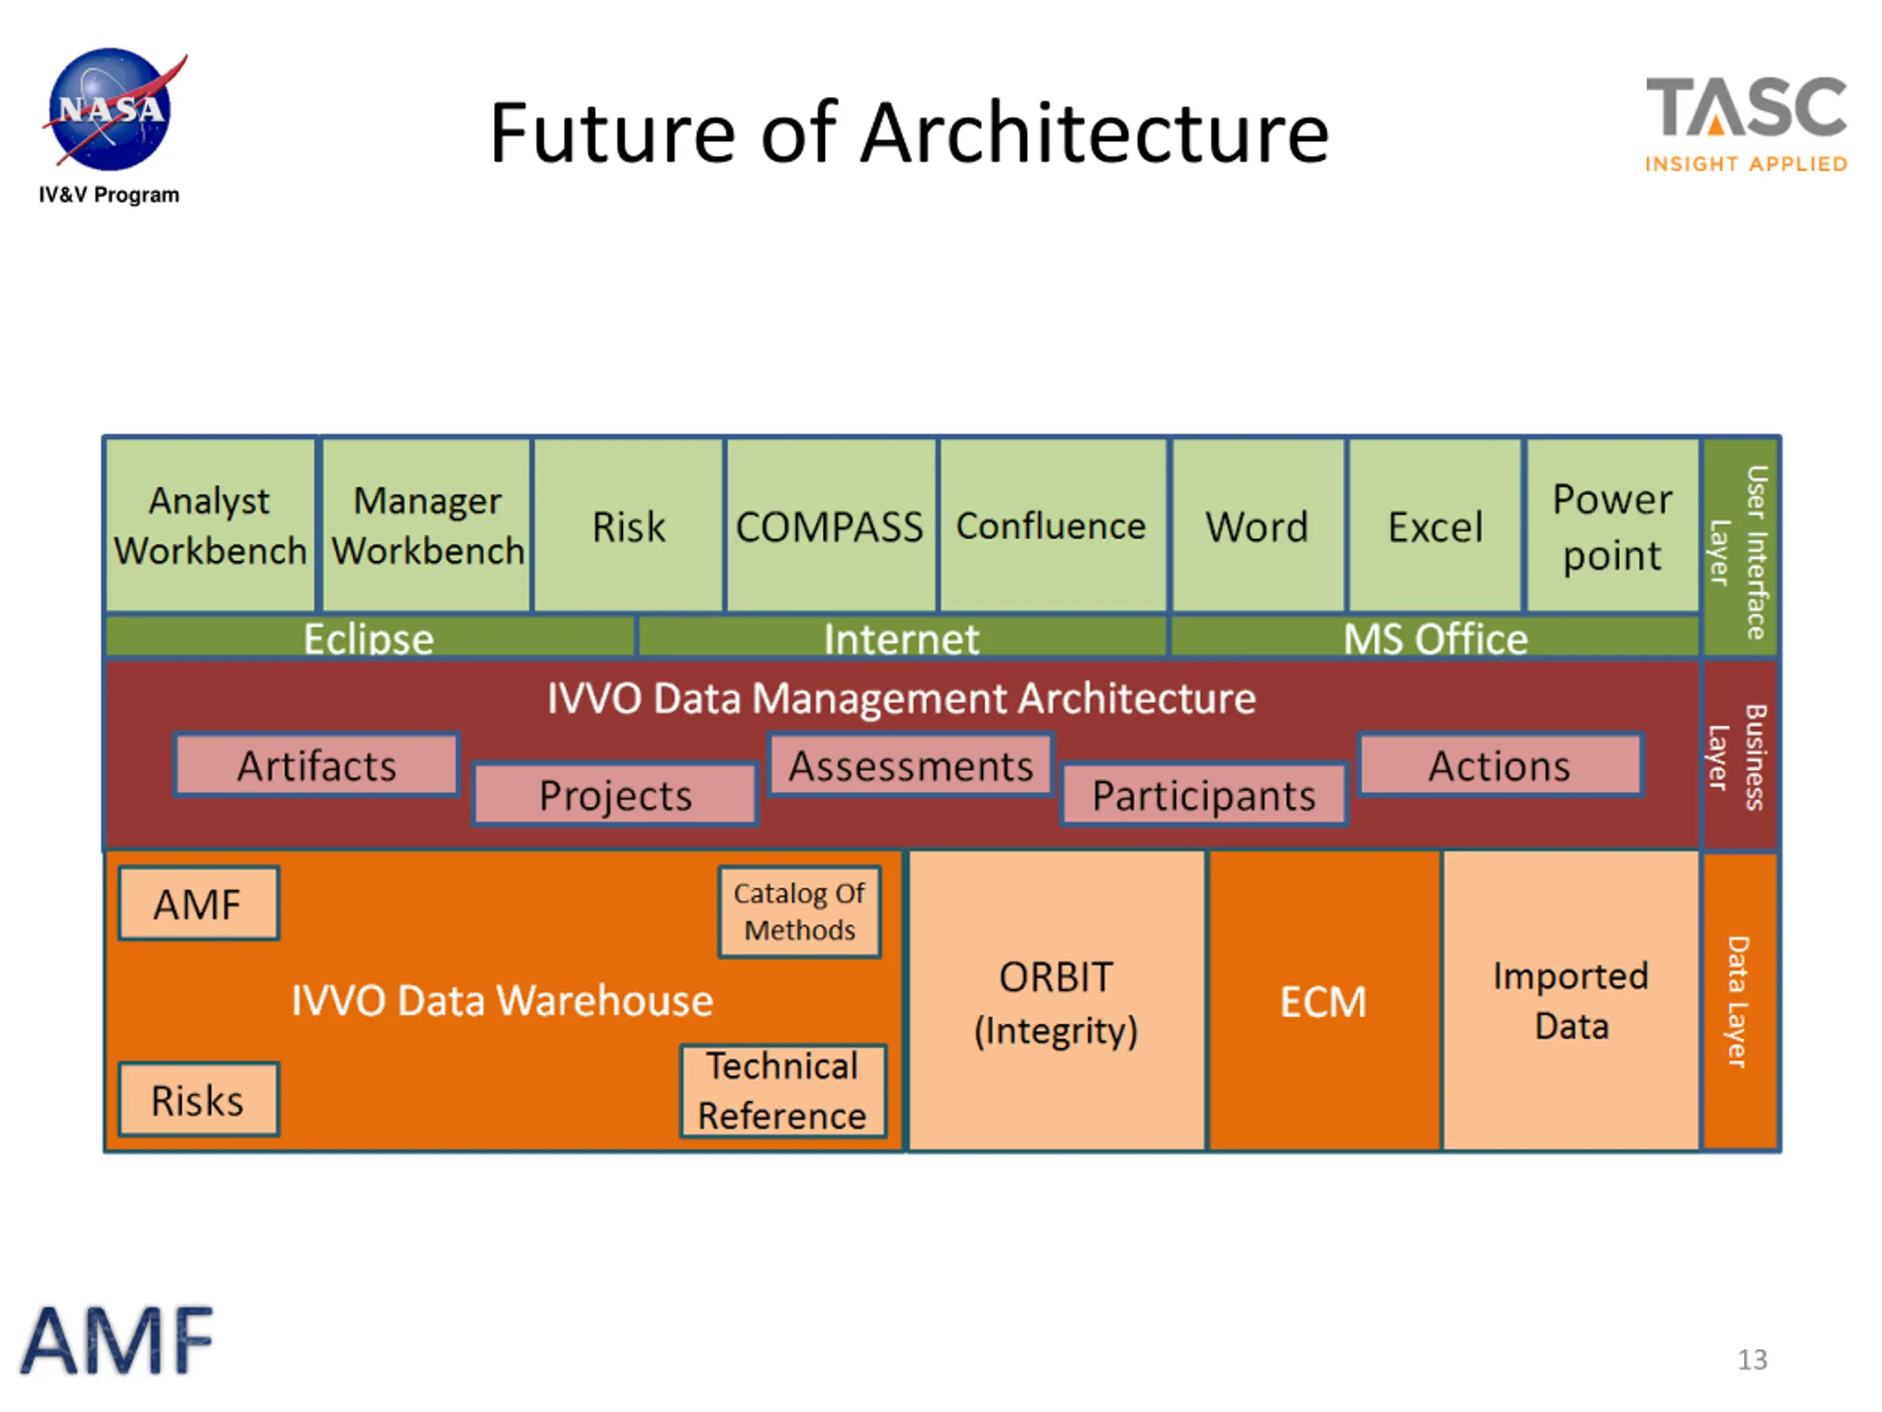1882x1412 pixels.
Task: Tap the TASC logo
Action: [1746, 124]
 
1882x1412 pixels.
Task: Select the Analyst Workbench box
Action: [210, 525]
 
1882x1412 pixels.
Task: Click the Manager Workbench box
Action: [427, 525]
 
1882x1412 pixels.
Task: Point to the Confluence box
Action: [1051, 526]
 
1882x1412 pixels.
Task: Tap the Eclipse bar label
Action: [369, 638]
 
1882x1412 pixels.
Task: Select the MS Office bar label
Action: [1435, 638]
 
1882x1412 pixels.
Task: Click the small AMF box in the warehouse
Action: [198, 904]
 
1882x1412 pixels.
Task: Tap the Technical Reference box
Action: [783, 1091]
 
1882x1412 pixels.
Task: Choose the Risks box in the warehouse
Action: [198, 1099]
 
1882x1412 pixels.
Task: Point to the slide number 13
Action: [1752, 1359]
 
